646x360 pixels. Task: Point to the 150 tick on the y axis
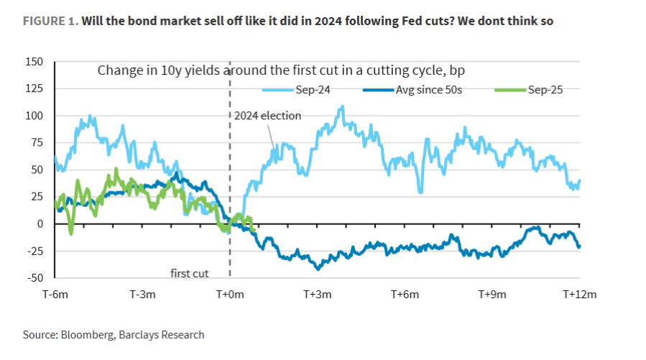[x=34, y=62]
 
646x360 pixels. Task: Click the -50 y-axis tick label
[x=34, y=278]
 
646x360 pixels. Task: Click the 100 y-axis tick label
[x=34, y=116]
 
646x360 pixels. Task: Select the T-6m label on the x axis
[x=56, y=295]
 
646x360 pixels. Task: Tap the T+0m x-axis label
[x=230, y=295]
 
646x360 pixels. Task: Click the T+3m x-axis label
[x=317, y=295]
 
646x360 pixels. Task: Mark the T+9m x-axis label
[x=492, y=295]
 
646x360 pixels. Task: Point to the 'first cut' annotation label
[x=189, y=273]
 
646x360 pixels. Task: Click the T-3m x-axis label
[x=143, y=295]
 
